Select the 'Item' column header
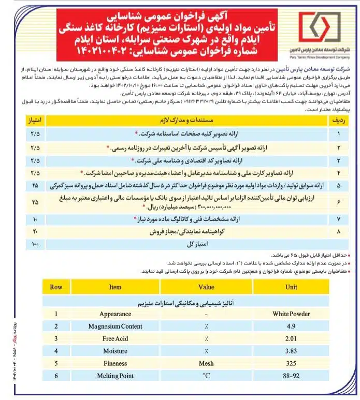[x=115, y=287]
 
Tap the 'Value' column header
[x=206, y=287]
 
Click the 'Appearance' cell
[x=115, y=314]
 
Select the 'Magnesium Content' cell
[x=115, y=326]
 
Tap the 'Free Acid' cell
[x=115, y=338]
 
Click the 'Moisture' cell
[x=115, y=351]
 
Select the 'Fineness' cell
[x=115, y=363]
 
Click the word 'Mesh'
[x=206, y=363]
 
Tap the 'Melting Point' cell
[x=115, y=376]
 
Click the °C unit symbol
[x=206, y=376]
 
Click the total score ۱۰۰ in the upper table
[x=35, y=243]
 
